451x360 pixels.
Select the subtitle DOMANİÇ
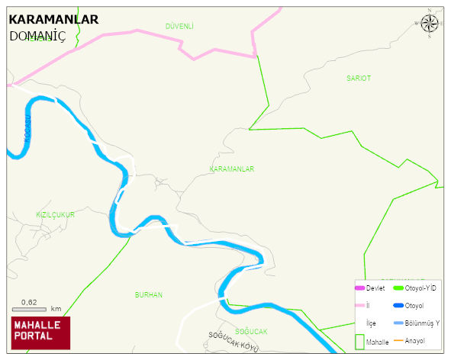point(37,36)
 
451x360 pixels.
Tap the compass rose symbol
point(430,24)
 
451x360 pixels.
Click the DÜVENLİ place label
point(179,26)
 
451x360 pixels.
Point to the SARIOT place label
point(358,79)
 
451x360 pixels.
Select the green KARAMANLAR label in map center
point(231,169)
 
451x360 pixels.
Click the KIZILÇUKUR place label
point(55,215)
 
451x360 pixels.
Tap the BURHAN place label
point(148,294)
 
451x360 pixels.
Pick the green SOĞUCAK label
point(251,331)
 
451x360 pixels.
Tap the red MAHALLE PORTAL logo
point(40,333)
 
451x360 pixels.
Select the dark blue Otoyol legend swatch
point(398,306)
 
